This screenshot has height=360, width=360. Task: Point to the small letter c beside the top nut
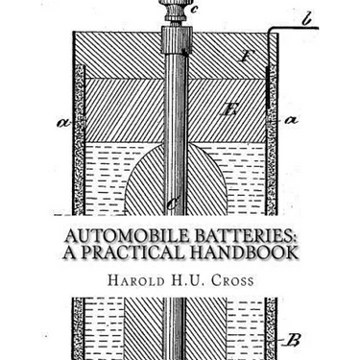pos(195,13)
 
